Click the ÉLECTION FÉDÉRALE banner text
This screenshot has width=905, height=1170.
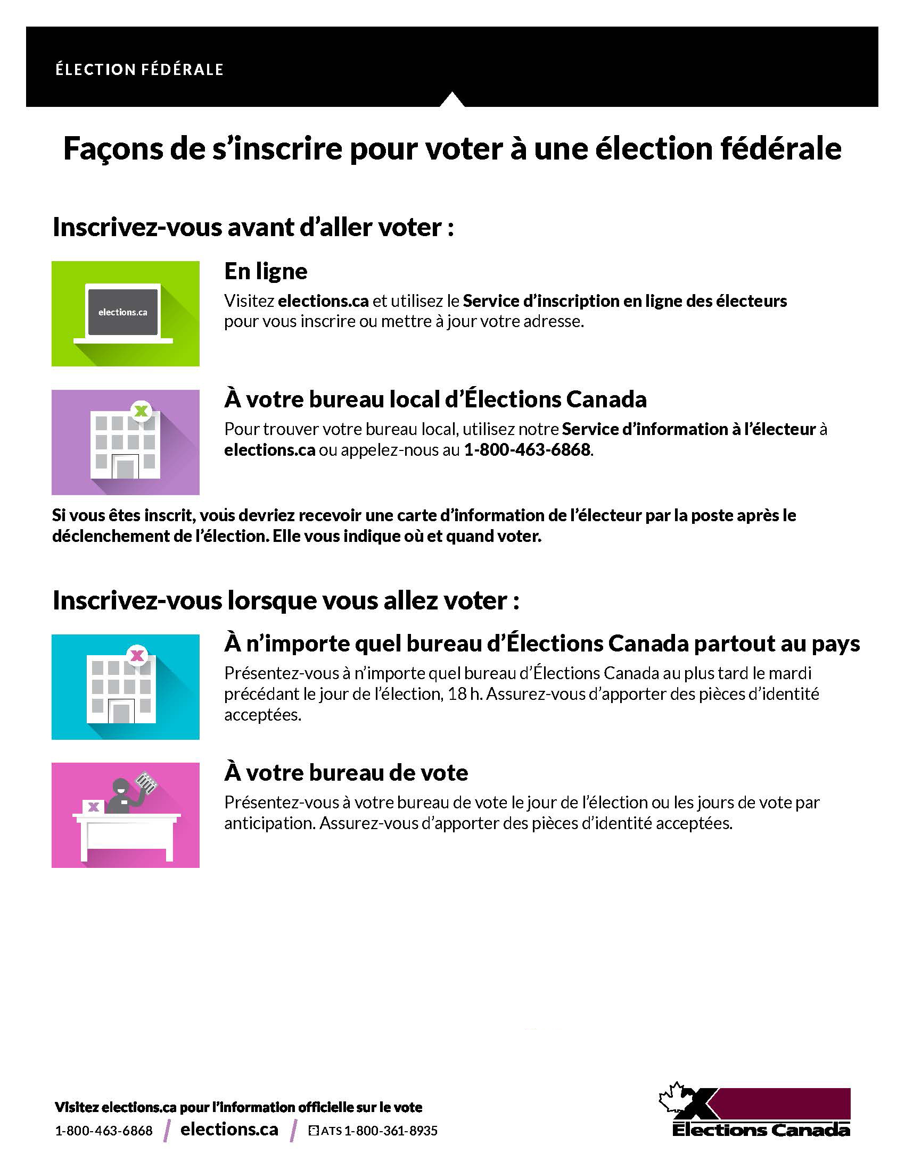[139, 70]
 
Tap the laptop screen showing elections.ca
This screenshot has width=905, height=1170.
[123, 312]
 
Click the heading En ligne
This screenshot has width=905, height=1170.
[266, 271]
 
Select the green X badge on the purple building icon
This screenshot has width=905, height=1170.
[141, 412]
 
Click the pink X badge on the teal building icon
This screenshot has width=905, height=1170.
[137, 655]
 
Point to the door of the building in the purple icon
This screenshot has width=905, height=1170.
[125, 466]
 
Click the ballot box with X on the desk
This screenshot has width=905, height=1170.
[93, 806]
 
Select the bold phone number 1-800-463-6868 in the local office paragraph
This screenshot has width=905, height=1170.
[527, 450]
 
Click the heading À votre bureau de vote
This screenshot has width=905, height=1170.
[347, 773]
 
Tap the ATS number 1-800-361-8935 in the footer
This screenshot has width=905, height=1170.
[390, 1131]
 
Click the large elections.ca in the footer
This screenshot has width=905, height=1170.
[229, 1129]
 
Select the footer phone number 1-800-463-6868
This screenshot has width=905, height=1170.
[103, 1131]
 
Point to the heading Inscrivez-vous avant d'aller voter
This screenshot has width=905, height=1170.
[253, 227]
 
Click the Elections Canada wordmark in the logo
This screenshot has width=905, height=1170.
[761, 1130]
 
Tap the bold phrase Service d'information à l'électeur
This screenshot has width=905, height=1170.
[688, 429]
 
